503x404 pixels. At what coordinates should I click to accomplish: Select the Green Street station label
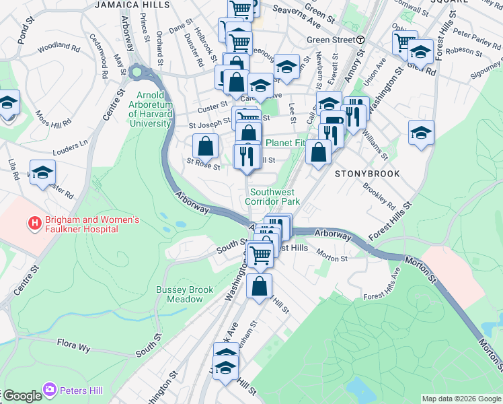[330, 40]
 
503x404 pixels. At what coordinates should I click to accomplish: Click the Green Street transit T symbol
[360, 40]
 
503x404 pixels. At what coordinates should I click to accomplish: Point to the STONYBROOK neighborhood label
[367, 174]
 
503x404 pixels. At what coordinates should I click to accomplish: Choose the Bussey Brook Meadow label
[184, 294]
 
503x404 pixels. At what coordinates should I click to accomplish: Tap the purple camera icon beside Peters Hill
[50, 390]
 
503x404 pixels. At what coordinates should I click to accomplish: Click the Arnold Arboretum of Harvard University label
[155, 110]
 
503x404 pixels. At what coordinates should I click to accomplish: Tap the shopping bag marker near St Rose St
[205, 146]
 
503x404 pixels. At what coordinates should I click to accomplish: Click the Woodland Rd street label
[59, 48]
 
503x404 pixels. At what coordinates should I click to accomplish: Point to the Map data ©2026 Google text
[461, 399]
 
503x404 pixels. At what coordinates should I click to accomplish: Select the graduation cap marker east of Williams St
[421, 132]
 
